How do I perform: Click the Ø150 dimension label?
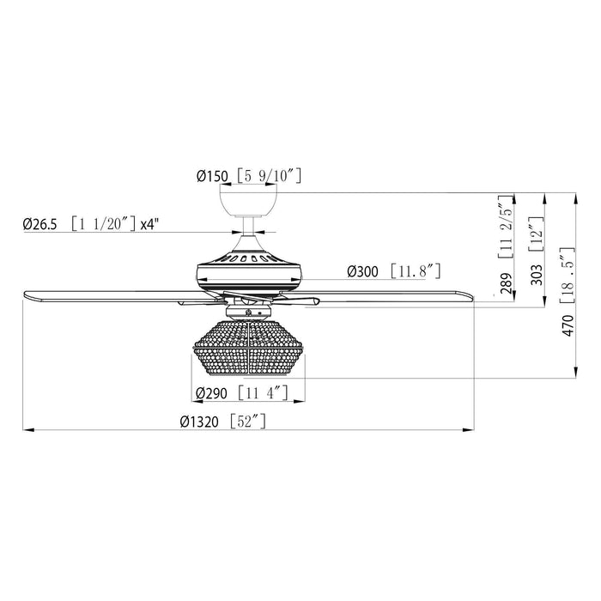coord(212,177)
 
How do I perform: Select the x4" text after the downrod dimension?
coord(151,225)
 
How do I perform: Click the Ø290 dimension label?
coord(211,394)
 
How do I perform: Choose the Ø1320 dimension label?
coord(199,421)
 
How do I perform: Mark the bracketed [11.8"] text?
coord(414,271)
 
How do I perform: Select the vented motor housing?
coord(249,270)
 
